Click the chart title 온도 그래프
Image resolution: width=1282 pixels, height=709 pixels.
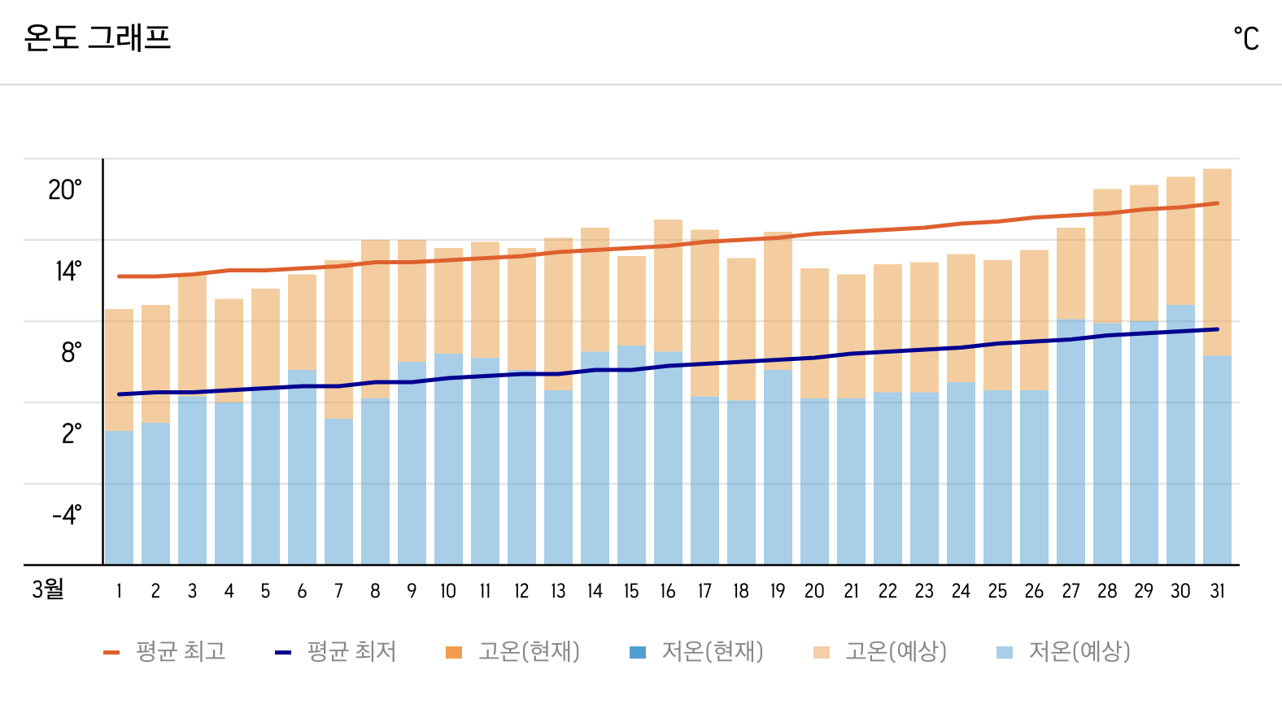click(x=98, y=37)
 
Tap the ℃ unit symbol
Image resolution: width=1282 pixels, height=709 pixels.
click(x=1245, y=38)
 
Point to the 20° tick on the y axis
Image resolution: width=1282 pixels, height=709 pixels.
click(x=65, y=189)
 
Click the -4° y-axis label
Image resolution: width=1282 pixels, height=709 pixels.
click(x=67, y=515)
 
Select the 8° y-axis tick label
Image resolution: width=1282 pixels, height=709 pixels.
click(x=71, y=352)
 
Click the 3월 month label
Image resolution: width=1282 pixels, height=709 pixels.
click(x=48, y=589)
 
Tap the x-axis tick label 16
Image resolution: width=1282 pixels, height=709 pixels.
click(x=668, y=591)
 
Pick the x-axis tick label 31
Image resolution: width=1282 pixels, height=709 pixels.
click(x=1217, y=591)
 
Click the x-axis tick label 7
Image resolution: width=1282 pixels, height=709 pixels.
click(x=338, y=591)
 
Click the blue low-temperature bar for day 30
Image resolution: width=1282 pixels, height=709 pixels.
click(x=1180, y=435)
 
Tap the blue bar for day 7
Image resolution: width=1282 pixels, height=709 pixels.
click(x=338, y=492)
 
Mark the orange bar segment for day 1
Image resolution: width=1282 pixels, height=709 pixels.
click(x=119, y=369)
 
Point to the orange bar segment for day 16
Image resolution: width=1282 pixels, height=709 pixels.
click(x=668, y=285)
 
